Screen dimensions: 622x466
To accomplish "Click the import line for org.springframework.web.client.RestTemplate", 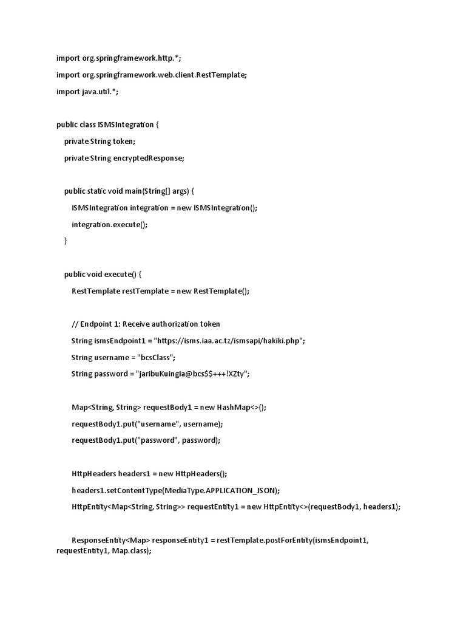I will coord(152,75).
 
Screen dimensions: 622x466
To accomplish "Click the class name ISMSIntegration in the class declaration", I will coord(126,125).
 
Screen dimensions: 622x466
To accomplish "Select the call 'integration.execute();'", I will coord(109,224).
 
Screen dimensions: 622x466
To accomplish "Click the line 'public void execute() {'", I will coord(103,274).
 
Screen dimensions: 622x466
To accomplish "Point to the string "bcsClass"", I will coord(159,357).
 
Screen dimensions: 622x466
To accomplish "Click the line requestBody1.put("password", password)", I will coord(146,440).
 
